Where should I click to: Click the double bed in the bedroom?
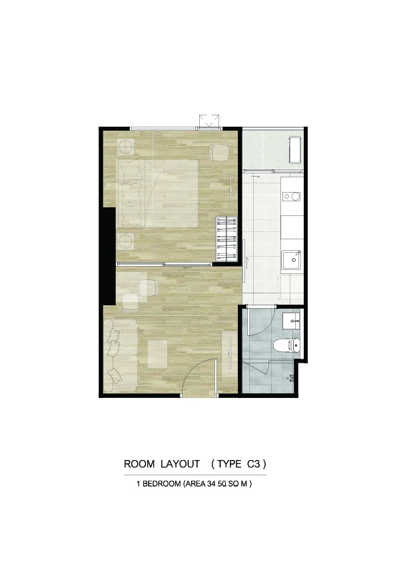coord(157,193)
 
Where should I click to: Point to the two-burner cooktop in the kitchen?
coord(292,196)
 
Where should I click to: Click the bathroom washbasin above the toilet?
coord(292,320)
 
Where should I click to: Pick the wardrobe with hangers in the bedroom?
coord(226,239)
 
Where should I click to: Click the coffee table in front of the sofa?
coord(158,354)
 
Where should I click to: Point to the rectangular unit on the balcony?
coord(295,150)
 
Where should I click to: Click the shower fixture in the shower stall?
coord(290,378)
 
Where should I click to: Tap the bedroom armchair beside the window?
coord(219,153)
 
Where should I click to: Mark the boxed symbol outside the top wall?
coord(209,121)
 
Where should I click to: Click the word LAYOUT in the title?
coord(180,464)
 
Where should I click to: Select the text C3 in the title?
coord(253,464)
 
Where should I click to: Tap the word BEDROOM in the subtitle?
coord(161,484)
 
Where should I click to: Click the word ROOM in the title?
coord(139,464)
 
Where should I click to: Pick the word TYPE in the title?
coord(229,464)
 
